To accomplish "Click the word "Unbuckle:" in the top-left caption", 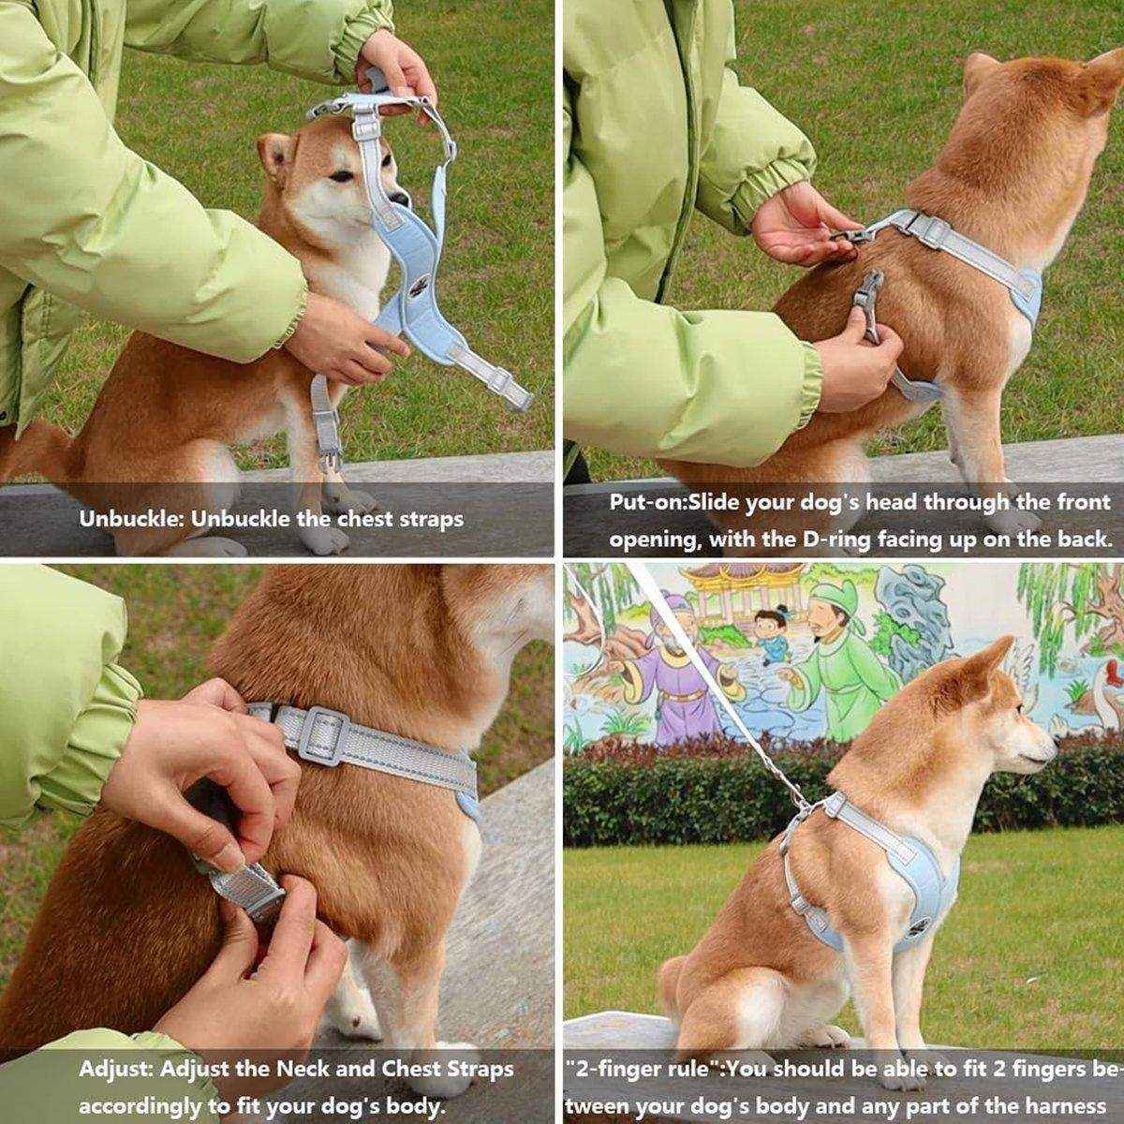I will coord(132,518).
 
